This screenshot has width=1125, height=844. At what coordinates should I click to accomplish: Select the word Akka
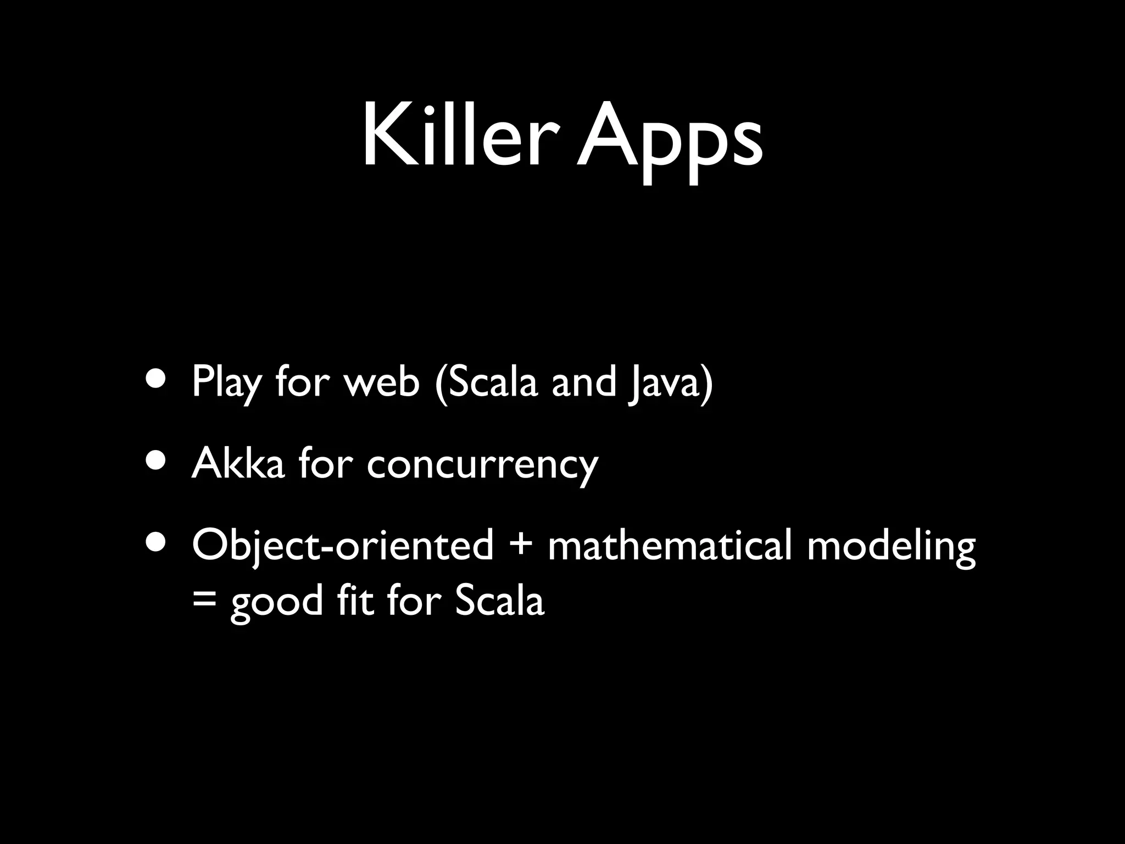point(238,463)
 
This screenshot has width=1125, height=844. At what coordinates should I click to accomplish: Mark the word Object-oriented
point(342,546)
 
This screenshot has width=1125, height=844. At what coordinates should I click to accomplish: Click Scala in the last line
point(499,600)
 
